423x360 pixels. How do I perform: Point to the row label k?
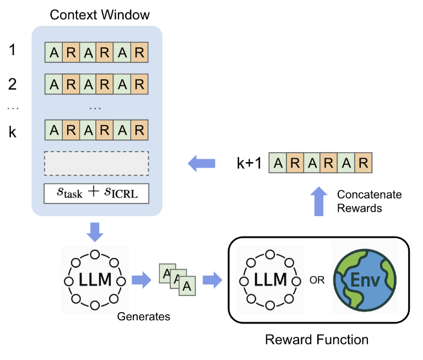(x=13, y=131)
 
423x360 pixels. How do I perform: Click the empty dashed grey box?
(x=96, y=163)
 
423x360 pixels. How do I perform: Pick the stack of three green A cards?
(x=177, y=280)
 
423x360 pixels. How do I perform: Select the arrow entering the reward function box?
(x=212, y=280)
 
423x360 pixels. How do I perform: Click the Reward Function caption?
(x=317, y=339)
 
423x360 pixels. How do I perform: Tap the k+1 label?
(x=248, y=163)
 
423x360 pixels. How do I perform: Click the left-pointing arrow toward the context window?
(x=200, y=163)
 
